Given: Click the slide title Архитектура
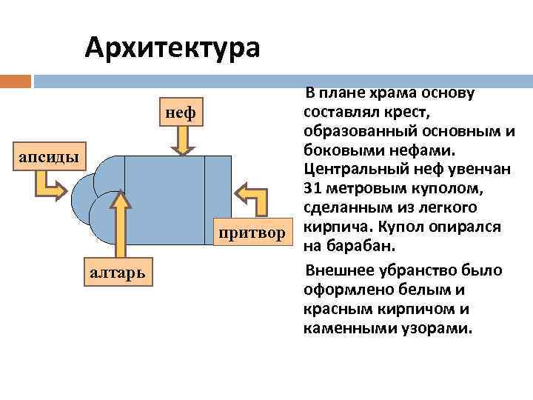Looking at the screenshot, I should [x=172, y=47].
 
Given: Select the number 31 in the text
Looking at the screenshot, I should [x=313, y=187].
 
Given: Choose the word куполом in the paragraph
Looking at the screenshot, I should [x=445, y=187].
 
